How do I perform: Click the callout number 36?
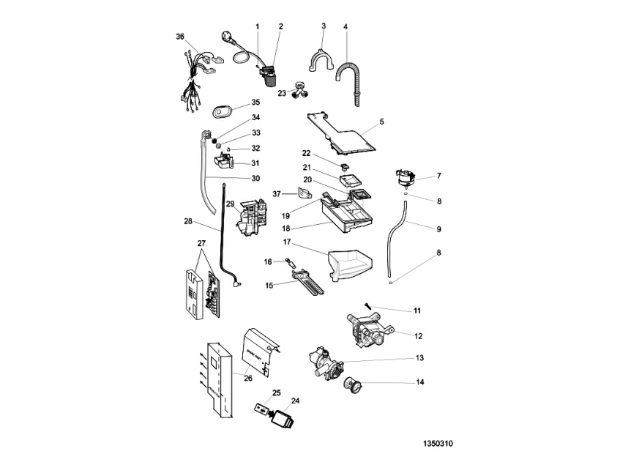pos(180,37)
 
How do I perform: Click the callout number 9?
pos(438,229)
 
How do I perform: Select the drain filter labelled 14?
pos(355,384)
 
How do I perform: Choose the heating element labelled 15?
pos(308,280)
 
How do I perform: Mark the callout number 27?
pos(202,243)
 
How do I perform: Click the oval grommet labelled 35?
pos(223,111)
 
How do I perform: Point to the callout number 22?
pos(307,153)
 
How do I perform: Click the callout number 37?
pos(277,193)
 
